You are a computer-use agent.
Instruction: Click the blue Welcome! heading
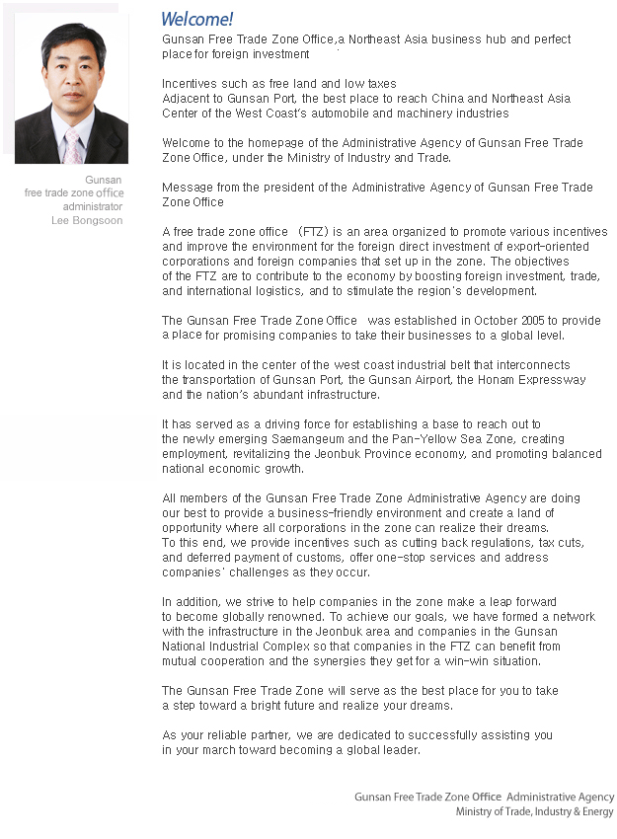point(197,19)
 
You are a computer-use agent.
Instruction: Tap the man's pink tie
point(71,145)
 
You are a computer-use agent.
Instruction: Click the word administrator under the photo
point(93,207)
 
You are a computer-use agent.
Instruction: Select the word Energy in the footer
point(597,812)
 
